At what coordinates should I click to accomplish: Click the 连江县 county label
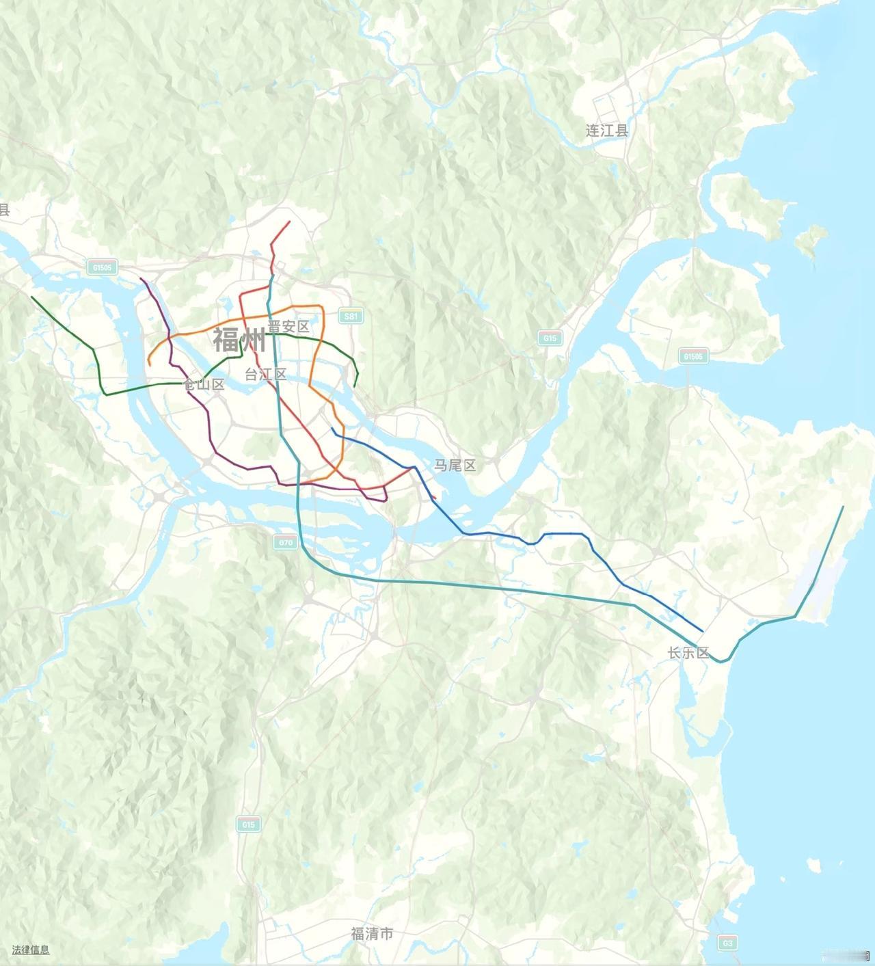pos(606,130)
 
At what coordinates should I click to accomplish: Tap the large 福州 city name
pos(239,339)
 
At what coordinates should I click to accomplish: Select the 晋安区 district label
pos(288,327)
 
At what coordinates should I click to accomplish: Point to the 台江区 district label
pos(266,374)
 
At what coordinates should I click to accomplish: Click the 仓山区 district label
pos(204,384)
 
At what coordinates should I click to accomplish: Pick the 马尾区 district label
pos(455,466)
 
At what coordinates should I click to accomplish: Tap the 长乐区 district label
pos(689,653)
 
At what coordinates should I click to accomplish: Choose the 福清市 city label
pos(372,933)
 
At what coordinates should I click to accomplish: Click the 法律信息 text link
pos(31,950)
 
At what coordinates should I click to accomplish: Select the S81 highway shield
pos(351,316)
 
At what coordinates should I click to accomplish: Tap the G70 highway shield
pos(286,543)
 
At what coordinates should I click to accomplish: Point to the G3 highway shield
pos(727,943)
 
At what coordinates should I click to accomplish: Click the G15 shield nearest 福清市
pos(248,824)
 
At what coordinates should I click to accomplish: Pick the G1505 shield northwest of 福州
pos(103,267)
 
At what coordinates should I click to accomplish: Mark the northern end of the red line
pos(290,222)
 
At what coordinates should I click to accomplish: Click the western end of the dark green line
pos(31,297)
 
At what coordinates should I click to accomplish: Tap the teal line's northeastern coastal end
pos(844,507)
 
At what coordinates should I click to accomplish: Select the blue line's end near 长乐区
pos(703,631)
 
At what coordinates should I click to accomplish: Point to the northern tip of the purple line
pos(141,279)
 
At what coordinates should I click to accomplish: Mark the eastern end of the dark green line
pos(355,386)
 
